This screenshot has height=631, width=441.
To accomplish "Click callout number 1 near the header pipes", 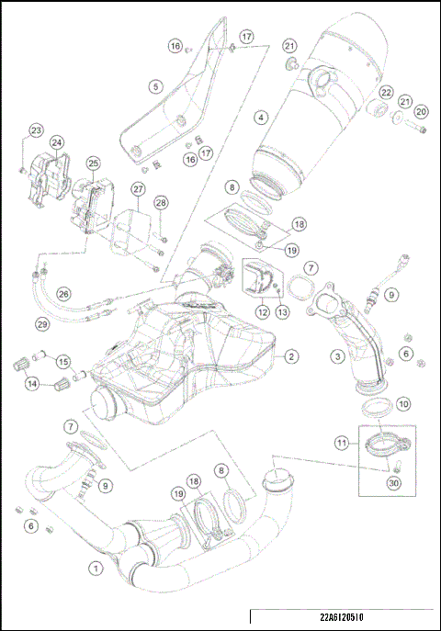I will click(94, 568).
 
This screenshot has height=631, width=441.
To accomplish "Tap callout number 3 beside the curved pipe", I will click(338, 355).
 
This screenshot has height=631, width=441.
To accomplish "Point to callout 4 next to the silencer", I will click(262, 118).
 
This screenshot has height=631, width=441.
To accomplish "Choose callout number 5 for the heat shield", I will click(155, 86).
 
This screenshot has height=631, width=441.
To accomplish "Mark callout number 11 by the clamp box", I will click(342, 443).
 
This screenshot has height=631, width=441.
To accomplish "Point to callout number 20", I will click(422, 111).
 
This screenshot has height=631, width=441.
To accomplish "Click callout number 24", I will click(57, 142).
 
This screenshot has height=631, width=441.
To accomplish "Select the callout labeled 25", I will click(93, 163).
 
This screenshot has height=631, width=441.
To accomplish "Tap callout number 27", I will click(137, 189).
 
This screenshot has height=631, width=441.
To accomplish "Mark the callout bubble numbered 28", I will click(161, 202).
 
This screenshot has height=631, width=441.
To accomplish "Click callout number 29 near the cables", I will click(41, 324).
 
